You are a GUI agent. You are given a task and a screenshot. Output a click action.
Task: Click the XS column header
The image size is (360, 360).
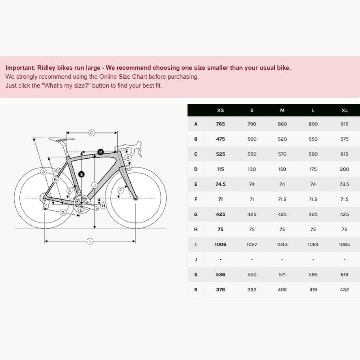220,110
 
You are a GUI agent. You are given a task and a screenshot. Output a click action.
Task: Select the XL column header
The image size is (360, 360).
345,110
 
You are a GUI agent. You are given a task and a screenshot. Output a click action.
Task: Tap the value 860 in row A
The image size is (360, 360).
282,124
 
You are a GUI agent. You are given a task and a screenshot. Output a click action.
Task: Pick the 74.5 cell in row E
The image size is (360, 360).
220,184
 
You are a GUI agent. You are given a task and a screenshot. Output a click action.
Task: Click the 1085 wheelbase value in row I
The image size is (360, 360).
345,244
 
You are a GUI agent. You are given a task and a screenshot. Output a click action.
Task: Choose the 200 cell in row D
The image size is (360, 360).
345,169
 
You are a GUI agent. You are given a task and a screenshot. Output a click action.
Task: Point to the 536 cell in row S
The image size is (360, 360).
220,275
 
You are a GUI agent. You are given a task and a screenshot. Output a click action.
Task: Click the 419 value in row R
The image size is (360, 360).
313,290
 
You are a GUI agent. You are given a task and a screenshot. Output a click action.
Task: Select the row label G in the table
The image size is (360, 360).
196,214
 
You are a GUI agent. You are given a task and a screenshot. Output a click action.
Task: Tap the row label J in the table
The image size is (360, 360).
196,259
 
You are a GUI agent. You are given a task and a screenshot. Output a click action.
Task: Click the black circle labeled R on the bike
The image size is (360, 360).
101,152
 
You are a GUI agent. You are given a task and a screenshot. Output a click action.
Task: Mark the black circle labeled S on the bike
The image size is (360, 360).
81,175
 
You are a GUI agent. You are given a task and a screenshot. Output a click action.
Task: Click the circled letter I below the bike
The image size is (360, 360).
90,241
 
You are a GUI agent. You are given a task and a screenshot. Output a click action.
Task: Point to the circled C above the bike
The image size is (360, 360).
92,133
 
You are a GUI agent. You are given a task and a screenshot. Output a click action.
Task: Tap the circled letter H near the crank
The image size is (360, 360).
103,206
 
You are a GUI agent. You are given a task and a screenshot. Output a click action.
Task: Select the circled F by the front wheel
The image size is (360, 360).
121,190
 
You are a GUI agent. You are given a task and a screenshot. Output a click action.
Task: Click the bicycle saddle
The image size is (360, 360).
61,139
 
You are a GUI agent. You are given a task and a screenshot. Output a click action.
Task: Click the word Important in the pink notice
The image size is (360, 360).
20,68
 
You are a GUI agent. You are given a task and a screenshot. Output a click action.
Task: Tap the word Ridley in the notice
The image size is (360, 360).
46,68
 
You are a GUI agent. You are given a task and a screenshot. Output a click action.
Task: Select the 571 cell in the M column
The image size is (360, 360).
282,275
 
